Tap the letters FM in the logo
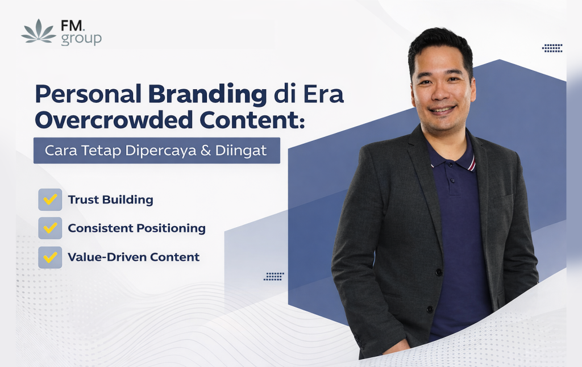(x=73, y=26)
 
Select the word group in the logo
(x=81, y=39)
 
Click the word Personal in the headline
(x=88, y=94)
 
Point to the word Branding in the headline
(x=207, y=95)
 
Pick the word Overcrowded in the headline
(x=114, y=120)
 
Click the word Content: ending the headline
(x=252, y=120)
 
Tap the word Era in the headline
(x=323, y=94)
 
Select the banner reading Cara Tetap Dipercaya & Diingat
(x=157, y=151)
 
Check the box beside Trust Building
(x=50, y=199)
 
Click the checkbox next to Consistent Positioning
(x=50, y=228)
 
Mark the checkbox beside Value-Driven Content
(x=50, y=257)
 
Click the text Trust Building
(x=111, y=199)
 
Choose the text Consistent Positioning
(x=136, y=228)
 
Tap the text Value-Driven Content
(x=134, y=257)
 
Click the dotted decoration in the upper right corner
(x=552, y=48)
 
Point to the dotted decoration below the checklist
(x=274, y=277)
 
